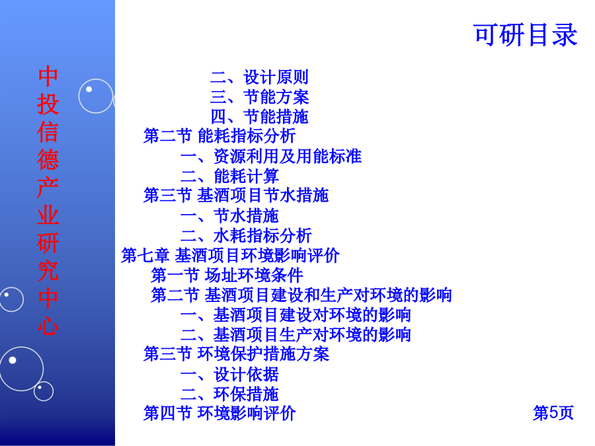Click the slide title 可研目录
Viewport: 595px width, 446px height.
(526, 35)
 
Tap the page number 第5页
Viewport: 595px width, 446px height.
(553, 412)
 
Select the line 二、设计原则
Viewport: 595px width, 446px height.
(260, 77)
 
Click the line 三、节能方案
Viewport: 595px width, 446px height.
(260, 96)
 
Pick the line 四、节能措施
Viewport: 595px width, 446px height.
(260, 116)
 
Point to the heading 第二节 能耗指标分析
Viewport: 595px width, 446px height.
(219, 135)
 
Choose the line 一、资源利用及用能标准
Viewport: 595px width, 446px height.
(271, 156)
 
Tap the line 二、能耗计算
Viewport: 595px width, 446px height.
(229, 176)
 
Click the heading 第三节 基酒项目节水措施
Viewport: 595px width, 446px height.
(235, 196)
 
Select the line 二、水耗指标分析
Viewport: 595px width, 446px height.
(246, 235)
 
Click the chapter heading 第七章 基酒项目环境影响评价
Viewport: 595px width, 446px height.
(230, 255)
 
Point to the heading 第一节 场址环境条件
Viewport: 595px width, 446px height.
(227, 275)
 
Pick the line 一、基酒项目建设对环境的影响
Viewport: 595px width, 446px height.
(296, 315)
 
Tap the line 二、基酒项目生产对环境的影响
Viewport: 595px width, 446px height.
(296, 334)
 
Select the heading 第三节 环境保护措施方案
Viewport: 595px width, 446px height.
(236, 354)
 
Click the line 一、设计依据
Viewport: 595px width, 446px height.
(229, 375)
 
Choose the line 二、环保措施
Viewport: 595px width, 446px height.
(229, 394)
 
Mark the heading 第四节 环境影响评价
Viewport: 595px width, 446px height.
(219, 413)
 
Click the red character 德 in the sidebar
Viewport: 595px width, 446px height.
(48, 159)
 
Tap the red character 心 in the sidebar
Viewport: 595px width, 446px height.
(48, 326)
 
